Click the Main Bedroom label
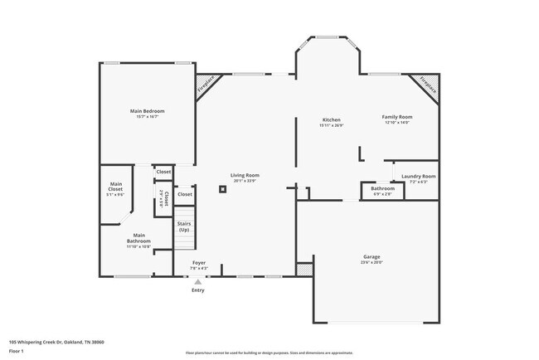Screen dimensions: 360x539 [x=147, y=111]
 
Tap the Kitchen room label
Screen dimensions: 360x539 [x=331, y=118]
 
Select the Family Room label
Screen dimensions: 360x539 [x=397, y=117]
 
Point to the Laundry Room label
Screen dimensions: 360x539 [x=418, y=176]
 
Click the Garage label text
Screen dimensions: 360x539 [x=371, y=256]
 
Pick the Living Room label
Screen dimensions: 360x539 [x=245, y=175]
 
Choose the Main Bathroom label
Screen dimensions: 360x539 [x=138, y=238]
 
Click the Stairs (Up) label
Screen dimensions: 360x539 [x=184, y=226]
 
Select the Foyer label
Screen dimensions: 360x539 [x=199, y=263]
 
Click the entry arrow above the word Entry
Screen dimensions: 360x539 [x=197, y=282]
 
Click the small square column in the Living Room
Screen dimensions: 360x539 [x=222, y=189]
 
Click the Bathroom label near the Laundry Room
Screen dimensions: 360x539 [x=382, y=188]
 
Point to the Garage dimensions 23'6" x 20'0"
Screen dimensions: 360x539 [x=371, y=262]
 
